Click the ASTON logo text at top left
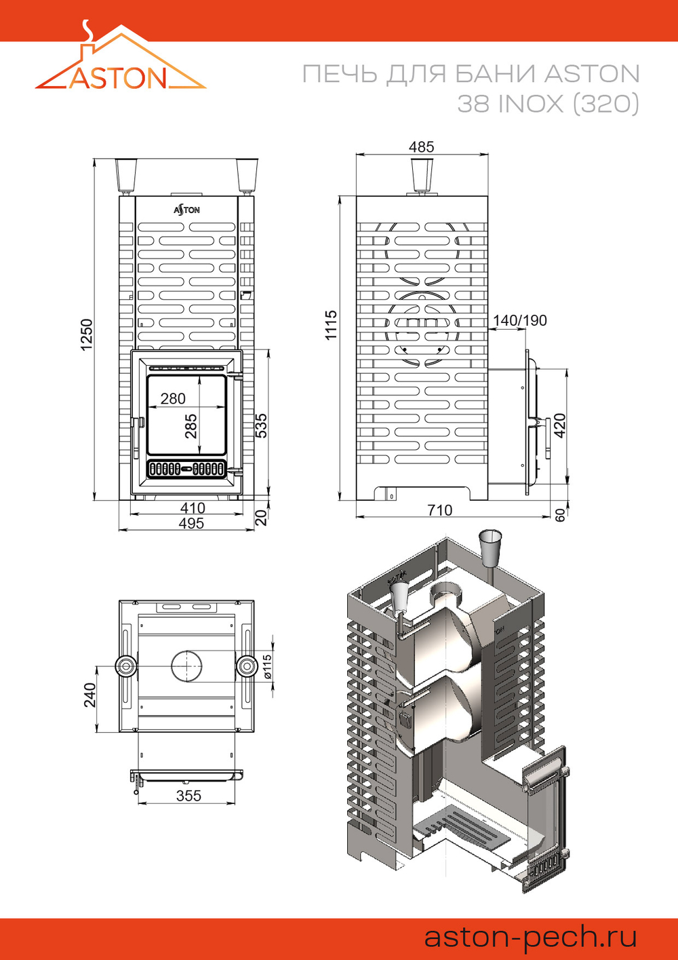point(118,78)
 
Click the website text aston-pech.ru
point(530,937)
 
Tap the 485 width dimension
point(421,147)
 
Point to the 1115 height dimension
point(331,325)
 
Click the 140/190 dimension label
point(519,320)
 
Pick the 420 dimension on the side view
point(560,425)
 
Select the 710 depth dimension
point(439,510)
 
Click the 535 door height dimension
point(261,425)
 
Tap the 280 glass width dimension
point(173,399)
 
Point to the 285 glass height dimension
point(191,426)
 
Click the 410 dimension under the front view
point(193,508)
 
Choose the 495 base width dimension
point(191,524)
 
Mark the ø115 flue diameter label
point(268,667)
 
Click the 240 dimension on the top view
point(90,695)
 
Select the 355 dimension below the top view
point(188,796)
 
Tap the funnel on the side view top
point(421,174)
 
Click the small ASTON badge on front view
point(186,210)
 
